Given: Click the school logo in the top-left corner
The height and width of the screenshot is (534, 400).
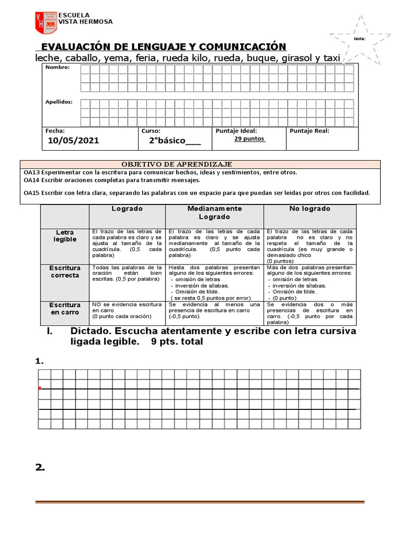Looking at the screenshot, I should pyautogui.click(x=45, y=22).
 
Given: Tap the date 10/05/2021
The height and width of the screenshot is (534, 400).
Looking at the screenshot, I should pyautogui.click(x=73, y=141).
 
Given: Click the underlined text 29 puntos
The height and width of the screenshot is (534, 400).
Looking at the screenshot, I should pyautogui.click(x=249, y=139).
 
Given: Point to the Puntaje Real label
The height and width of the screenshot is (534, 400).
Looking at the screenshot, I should pyautogui.click(x=309, y=131).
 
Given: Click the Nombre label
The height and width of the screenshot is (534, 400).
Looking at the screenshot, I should pyautogui.click(x=57, y=67).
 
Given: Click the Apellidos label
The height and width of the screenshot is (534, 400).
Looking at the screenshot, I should pyautogui.click(x=59, y=102).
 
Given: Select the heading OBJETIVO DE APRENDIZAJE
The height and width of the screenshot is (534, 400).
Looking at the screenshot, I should pyautogui.click(x=177, y=164).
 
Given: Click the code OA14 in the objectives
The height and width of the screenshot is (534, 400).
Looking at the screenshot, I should pyautogui.click(x=32, y=180).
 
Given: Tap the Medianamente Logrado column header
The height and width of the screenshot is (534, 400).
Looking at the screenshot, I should pyautogui.click(x=215, y=212).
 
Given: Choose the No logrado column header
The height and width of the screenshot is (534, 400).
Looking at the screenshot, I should pyautogui.click(x=310, y=209).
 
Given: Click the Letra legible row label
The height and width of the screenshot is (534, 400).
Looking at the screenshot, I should pyautogui.click(x=65, y=236).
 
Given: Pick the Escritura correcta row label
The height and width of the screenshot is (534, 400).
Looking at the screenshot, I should pyautogui.click(x=65, y=272).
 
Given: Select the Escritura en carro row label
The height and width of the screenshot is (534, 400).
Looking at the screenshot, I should pyautogui.click(x=65, y=309).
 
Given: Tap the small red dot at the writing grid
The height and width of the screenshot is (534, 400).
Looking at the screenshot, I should pyautogui.click(x=40, y=389).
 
